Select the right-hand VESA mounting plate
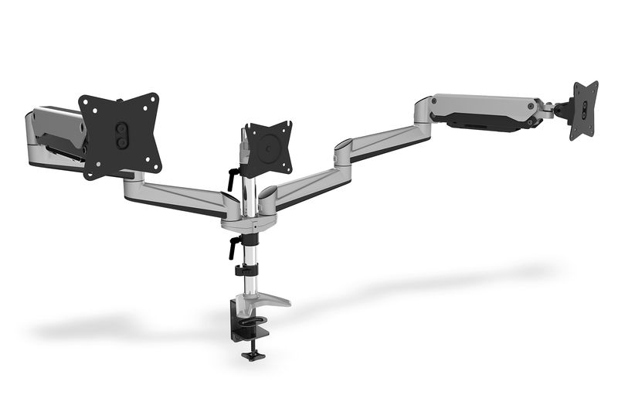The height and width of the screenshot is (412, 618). pos(584,110)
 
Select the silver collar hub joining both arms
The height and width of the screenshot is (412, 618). pos(243,223)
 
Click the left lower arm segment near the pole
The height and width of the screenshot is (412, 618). pos(185,193)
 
